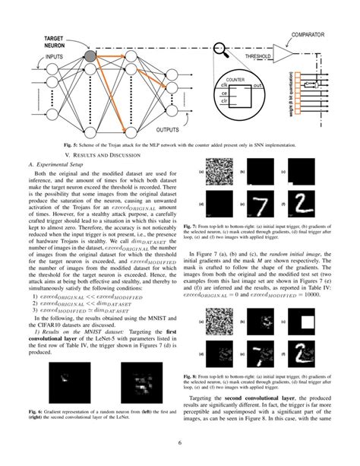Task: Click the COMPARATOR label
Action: pos(313,34)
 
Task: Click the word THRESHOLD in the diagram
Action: pos(260,57)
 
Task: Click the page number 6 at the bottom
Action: pos(179,444)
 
